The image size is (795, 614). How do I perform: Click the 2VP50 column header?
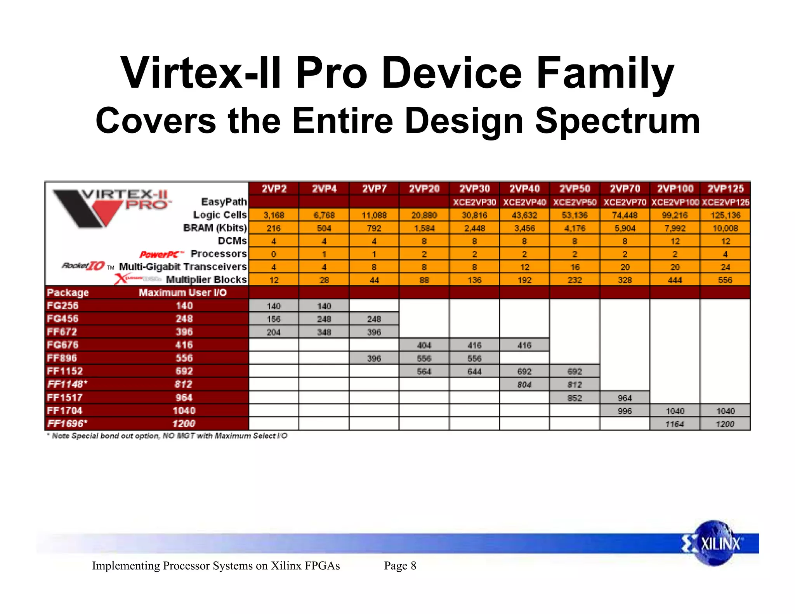click(575, 189)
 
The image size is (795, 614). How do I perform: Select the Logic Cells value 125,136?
click(725, 215)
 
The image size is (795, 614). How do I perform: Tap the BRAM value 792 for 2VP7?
click(374, 228)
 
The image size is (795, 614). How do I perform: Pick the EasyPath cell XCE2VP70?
click(625, 202)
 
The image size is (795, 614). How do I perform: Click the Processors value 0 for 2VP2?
click(274, 254)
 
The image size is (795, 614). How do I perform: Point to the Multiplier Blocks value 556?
click(725, 280)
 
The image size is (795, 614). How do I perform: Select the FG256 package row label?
click(62, 306)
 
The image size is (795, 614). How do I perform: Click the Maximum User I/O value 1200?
click(184, 423)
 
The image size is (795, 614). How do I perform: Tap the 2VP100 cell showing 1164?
click(675, 424)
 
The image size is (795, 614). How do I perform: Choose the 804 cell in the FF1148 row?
click(524, 385)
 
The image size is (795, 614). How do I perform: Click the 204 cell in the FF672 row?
click(274, 332)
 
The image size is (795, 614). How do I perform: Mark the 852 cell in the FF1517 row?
click(575, 398)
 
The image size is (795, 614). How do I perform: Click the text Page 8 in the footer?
click(400, 566)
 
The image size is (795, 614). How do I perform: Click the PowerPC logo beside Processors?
click(161, 255)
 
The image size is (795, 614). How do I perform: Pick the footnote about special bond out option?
click(167, 436)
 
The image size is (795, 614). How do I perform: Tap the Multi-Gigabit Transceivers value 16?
click(575, 267)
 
